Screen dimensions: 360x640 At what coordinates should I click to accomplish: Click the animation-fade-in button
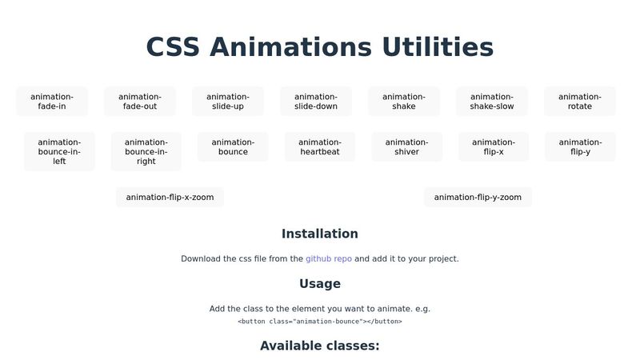point(52,102)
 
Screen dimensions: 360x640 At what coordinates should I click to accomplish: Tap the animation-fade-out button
point(140,102)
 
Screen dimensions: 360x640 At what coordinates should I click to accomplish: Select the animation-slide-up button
point(228,102)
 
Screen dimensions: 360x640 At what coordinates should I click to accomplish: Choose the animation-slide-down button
point(316,102)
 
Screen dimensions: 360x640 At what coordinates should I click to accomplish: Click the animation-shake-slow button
point(492,102)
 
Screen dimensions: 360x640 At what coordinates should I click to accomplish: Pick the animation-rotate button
point(580,102)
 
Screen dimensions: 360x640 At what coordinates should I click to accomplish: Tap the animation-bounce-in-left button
point(59,151)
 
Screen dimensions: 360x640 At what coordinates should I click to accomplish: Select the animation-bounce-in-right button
point(146,151)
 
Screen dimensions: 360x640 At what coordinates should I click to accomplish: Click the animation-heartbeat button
point(320,147)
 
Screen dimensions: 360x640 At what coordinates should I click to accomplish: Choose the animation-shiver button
point(407,147)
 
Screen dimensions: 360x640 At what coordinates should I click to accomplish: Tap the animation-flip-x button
point(494,147)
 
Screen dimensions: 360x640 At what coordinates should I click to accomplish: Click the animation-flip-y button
point(581,147)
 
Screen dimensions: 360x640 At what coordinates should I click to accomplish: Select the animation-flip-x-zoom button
point(170,197)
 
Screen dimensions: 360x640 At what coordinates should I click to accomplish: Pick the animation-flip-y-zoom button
point(478,197)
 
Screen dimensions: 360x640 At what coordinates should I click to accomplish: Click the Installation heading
point(320,234)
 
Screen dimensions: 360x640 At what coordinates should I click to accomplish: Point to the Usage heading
point(320,283)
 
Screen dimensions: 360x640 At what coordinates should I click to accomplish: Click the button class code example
point(320,322)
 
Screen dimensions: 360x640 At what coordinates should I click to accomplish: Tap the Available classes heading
point(320,346)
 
